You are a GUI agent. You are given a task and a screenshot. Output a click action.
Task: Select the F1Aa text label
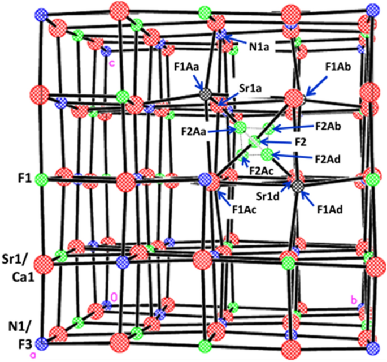pyautogui.click(x=186, y=70)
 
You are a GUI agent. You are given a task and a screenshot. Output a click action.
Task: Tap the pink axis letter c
pyautogui.click(x=112, y=62)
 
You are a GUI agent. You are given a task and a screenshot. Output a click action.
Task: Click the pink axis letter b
pyautogui.click(x=354, y=300)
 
